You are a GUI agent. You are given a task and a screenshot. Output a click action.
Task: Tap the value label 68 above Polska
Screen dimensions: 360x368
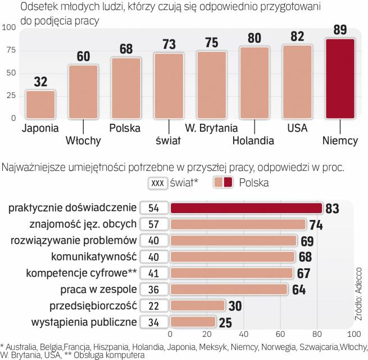pos(126,48)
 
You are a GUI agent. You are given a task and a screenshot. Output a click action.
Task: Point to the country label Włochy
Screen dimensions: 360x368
pos(83,140)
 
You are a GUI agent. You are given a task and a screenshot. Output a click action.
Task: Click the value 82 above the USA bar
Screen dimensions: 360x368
pos(297,35)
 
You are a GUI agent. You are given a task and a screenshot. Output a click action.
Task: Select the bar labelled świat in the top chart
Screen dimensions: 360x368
pos(169,85)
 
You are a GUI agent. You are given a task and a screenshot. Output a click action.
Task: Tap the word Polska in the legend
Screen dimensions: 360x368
pos(253,182)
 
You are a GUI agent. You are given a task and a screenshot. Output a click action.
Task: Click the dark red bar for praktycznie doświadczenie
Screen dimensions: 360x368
pos(246,208)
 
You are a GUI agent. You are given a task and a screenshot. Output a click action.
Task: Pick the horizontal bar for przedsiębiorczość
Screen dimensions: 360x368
pos(197,306)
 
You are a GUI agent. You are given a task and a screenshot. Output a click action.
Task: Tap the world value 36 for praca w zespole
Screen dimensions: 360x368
pos(153,290)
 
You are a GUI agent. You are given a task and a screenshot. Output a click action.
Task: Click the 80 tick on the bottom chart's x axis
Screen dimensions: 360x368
pos(317,334)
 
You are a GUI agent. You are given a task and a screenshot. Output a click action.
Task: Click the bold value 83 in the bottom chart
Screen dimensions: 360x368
pos(333,209)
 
